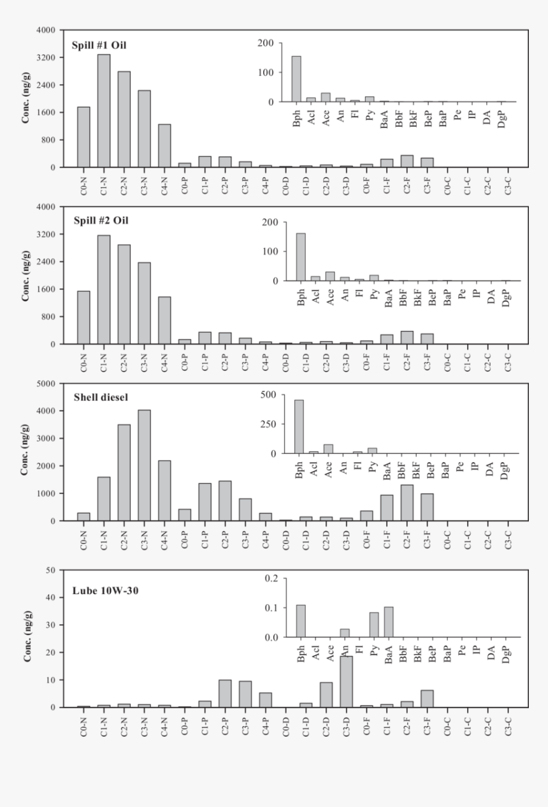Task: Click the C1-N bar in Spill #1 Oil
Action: (103, 111)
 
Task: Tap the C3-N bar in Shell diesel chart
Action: (144, 465)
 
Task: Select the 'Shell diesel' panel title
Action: (100, 397)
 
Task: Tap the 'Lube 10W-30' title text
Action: (105, 590)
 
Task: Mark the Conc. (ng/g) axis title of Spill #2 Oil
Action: (27, 275)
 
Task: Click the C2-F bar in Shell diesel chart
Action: (407, 503)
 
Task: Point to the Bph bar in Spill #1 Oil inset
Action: (296, 79)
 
